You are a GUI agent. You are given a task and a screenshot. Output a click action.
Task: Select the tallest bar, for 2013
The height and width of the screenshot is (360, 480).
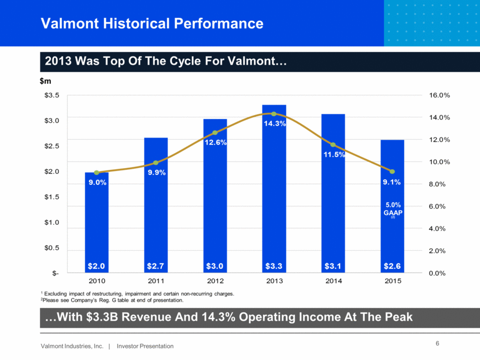coord(274,191)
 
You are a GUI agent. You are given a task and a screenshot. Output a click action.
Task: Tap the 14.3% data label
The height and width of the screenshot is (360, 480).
coord(274,123)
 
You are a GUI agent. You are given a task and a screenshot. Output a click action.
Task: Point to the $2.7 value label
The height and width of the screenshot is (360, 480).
coord(156,266)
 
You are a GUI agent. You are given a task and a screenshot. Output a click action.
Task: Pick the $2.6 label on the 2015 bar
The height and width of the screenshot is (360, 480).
coord(392,266)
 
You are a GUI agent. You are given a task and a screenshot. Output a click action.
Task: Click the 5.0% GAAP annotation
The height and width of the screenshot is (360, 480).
coord(392,209)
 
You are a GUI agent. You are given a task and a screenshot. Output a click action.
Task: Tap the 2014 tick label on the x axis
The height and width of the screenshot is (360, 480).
coord(333,281)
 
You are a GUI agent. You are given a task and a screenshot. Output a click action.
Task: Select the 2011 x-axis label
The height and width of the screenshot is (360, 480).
coord(156,281)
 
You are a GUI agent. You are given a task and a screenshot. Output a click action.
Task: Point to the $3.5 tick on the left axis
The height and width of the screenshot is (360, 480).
coord(53,95)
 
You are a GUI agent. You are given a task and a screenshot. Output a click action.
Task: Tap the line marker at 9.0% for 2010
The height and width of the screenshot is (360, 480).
coord(97,172)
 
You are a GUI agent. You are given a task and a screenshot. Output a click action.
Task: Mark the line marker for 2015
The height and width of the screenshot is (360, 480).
coord(392,172)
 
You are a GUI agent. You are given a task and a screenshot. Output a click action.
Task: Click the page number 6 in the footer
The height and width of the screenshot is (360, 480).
coord(437,344)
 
